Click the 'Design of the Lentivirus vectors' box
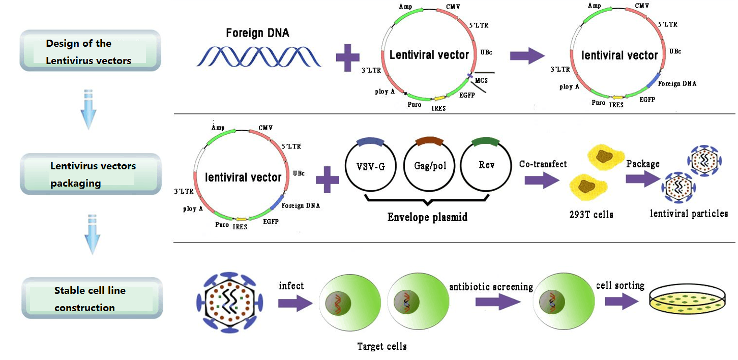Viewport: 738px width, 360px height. [90, 51]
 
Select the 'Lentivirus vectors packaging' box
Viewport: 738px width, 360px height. [90, 174]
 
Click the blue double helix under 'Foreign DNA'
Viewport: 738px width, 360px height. [259, 56]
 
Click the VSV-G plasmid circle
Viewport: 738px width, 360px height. [371, 165]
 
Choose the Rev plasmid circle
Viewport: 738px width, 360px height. [486, 165]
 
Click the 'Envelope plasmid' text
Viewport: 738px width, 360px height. [427, 217]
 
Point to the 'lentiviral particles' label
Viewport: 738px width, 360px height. [689, 214]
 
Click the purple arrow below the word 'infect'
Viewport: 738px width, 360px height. [294, 304]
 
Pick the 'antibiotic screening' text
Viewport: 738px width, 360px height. [491, 287]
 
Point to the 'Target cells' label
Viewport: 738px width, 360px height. [382, 347]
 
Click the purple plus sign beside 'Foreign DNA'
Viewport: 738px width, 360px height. [348, 57]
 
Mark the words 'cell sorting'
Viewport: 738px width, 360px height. [619, 285]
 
